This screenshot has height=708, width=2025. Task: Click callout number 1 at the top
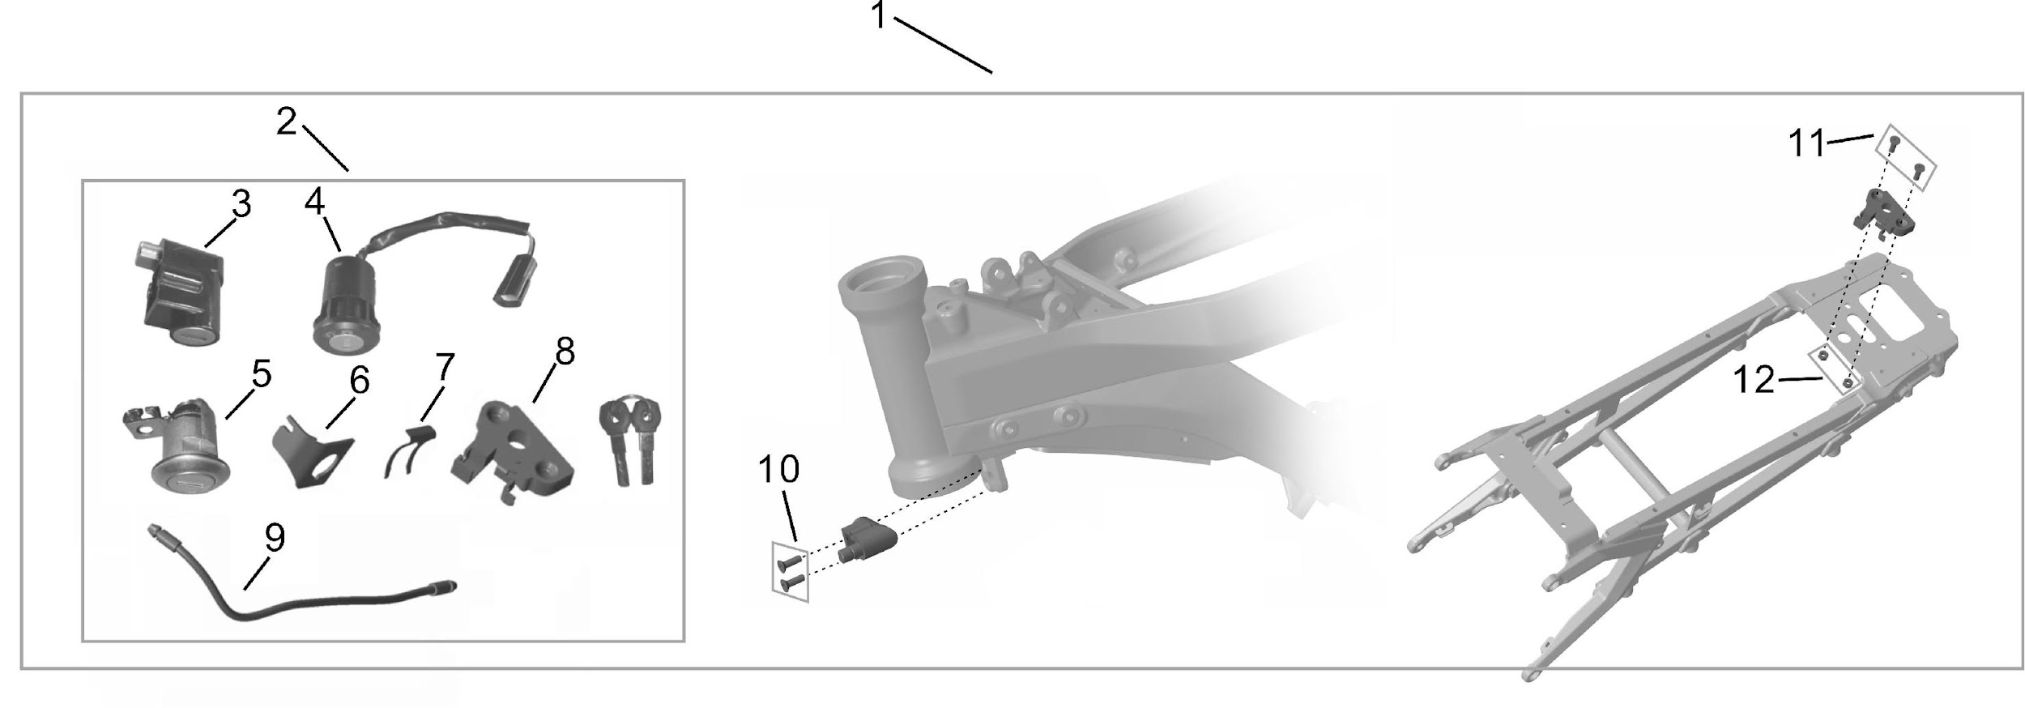click(x=880, y=16)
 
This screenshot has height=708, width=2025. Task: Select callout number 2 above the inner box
click(x=287, y=122)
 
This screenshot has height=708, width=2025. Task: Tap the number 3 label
click(x=241, y=204)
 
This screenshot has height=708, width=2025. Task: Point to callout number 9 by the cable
click(x=275, y=537)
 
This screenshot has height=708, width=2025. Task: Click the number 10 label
click(x=778, y=469)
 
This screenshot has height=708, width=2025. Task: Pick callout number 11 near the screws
click(x=1807, y=145)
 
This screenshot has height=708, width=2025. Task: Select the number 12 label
click(x=1754, y=380)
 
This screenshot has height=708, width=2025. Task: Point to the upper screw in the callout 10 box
click(x=789, y=561)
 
